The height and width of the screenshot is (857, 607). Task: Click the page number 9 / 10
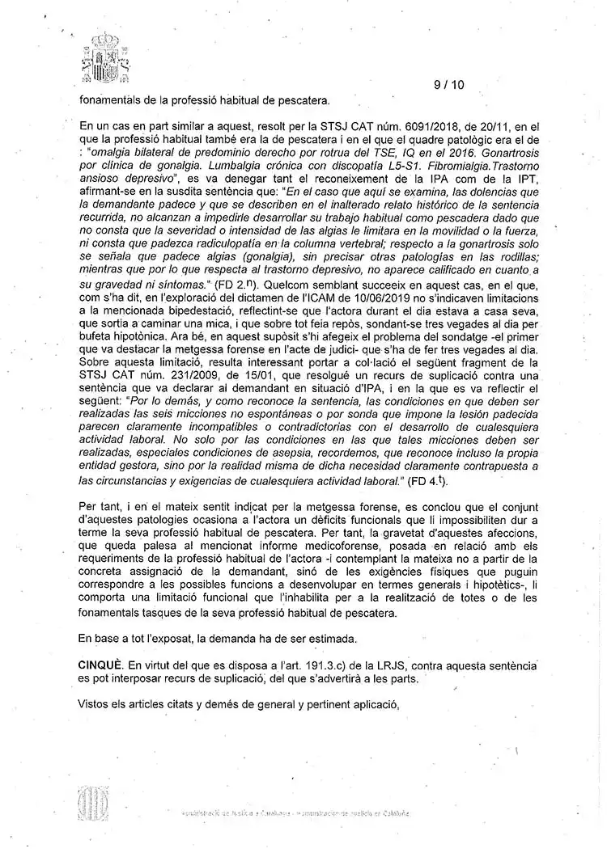coord(449,84)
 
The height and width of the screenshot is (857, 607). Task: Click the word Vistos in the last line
coord(95,703)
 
